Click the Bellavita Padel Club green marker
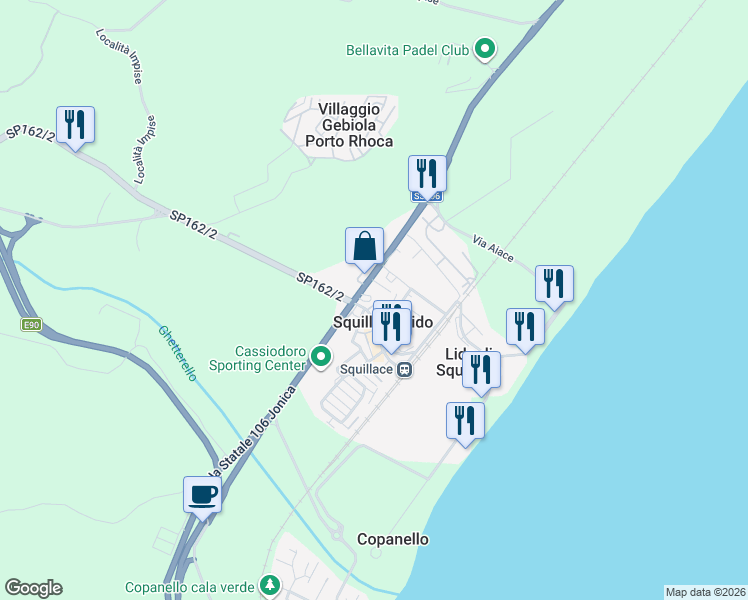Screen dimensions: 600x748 (x=485, y=47)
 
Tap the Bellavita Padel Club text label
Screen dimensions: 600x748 (x=407, y=48)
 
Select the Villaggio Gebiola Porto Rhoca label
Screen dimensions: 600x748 (x=349, y=125)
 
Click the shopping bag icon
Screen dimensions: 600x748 (x=365, y=245)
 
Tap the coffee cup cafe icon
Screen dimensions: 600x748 (x=203, y=494)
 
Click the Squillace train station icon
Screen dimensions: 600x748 (x=405, y=369)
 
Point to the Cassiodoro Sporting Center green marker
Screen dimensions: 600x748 (x=321, y=356)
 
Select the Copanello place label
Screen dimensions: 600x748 (x=393, y=539)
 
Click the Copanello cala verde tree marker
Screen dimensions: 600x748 (x=269, y=584)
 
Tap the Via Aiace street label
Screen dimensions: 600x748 (x=493, y=249)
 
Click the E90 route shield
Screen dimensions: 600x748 (x=32, y=325)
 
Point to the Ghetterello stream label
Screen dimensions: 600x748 (x=177, y=352)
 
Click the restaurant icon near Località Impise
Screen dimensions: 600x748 (x=75, y=124)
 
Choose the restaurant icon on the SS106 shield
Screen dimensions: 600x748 (x=427, y=173)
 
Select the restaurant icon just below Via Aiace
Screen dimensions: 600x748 (x=554, y=283)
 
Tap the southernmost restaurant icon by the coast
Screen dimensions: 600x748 (x=465, y=419)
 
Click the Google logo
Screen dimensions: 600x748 (x=33, y=588)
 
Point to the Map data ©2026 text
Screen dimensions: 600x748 (x=705, y=592)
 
